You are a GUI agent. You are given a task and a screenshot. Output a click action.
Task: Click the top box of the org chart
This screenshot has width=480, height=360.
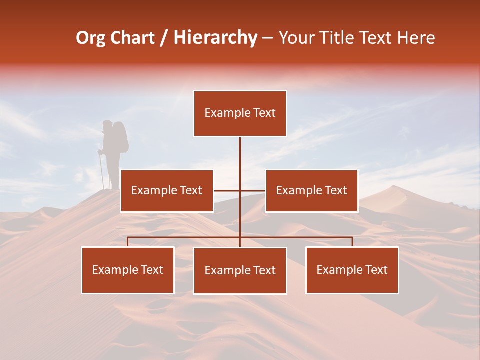[x=240, y=113]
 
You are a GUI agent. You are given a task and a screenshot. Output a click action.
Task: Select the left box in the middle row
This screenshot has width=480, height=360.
[x=167, y=190]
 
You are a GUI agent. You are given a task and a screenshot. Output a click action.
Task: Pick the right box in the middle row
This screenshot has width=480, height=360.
[x=311, y=190]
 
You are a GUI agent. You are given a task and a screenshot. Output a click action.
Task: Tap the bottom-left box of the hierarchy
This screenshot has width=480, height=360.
[x=128, y=270]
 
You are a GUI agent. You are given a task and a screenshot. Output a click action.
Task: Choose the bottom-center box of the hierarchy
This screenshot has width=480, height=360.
[x=240, y=270]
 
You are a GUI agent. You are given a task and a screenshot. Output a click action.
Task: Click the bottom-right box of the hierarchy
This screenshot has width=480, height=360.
[x=352, y=270]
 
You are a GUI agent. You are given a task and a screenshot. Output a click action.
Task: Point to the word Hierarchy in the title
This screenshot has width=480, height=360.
[x=215, y=38]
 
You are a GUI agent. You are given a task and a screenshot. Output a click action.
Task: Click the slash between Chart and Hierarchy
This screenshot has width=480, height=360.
[x=164, y=38]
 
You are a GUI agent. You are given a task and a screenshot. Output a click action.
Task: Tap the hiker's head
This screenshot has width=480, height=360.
[x=107, y=125]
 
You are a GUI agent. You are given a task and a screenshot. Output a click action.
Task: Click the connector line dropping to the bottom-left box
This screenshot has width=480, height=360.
[x=128, y=242]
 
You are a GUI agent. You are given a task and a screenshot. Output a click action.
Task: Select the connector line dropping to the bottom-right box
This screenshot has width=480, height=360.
[x=352, y=242]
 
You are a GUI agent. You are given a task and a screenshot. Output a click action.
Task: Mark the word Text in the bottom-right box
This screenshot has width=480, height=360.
[x=376, y=270]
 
